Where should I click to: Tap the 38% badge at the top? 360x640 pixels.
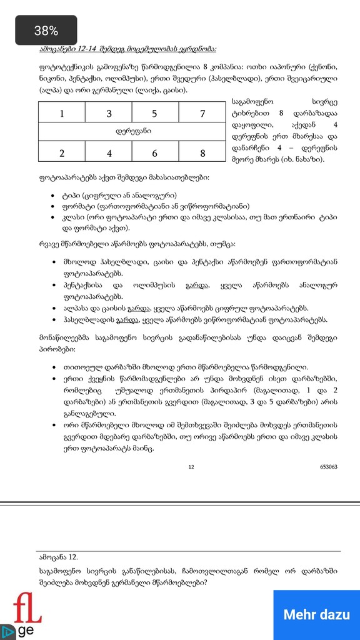tap(46, 31)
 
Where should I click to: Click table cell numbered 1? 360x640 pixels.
tap(61, 113)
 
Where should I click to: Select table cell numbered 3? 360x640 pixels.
tap(109, 113)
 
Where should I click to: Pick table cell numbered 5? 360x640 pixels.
tap(155, 113)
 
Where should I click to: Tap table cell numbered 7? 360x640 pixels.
tap(202, 113)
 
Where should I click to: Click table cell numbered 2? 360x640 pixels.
tap(61, 153)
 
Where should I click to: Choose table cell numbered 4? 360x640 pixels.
tap(109, 153)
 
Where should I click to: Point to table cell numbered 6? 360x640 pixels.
tap(155, 153)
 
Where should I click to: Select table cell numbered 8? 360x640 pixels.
tap(202, 153)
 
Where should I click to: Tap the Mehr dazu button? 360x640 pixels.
tap(316, 614)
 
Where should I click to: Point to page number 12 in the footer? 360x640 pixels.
tap(191, 466)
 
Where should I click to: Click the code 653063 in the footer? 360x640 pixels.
tap(329, 466)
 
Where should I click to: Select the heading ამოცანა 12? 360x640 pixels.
tap(57, 556)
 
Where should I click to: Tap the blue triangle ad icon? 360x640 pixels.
tap(8, 631)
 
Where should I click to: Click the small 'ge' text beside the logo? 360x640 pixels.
tap(26, 630)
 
